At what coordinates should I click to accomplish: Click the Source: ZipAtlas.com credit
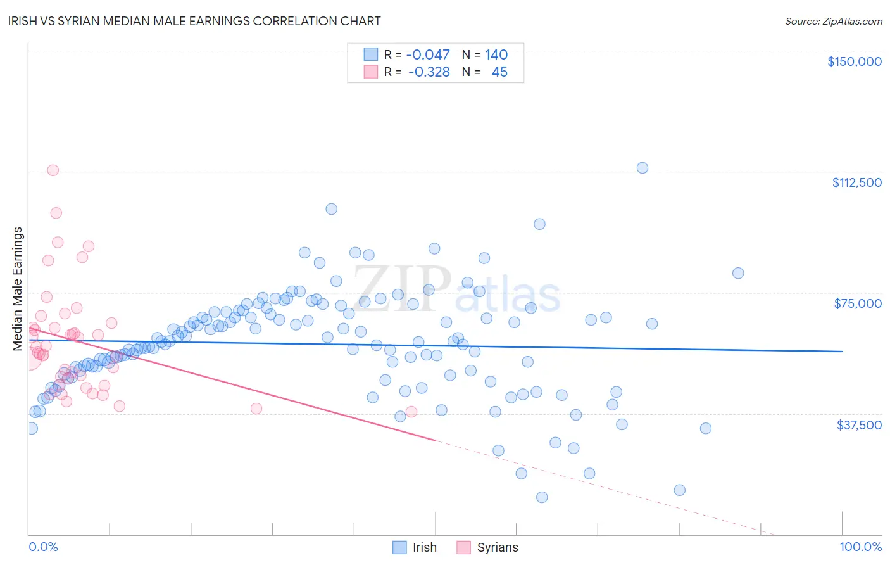[833, 21]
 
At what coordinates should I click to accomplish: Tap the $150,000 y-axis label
[854, 61]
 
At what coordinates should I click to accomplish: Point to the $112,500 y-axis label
[856, 182]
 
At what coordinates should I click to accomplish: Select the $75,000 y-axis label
[858, 303]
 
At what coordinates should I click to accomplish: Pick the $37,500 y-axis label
[858, 425]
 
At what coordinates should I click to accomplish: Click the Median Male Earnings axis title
[18, 289]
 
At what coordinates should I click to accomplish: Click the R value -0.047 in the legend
[428, 55]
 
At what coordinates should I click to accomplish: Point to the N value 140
[496, 55]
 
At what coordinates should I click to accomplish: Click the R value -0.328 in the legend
[429, 72]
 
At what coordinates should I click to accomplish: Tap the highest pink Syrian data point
[53, 170]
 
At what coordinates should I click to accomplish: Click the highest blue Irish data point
[642, 168]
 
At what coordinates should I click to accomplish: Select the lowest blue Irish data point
[542, 497]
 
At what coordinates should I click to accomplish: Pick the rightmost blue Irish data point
[738, 274]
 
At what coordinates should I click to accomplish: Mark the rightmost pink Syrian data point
[411, 412]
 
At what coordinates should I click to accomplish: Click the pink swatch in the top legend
[370, 72]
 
